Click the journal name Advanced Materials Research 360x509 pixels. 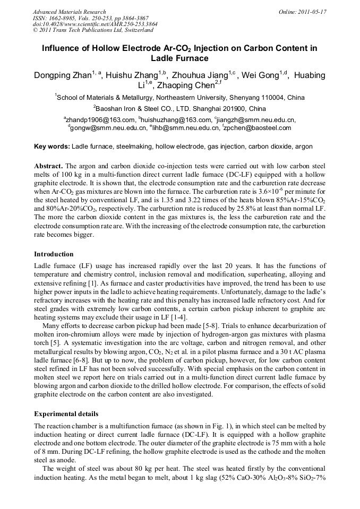69,12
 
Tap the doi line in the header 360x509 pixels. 95,24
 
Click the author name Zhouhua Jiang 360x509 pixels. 201,75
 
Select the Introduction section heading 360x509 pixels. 54,254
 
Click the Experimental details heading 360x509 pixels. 66,413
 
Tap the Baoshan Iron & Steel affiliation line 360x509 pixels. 179,108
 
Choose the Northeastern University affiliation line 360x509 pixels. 179,98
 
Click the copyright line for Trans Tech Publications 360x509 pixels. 93,30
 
